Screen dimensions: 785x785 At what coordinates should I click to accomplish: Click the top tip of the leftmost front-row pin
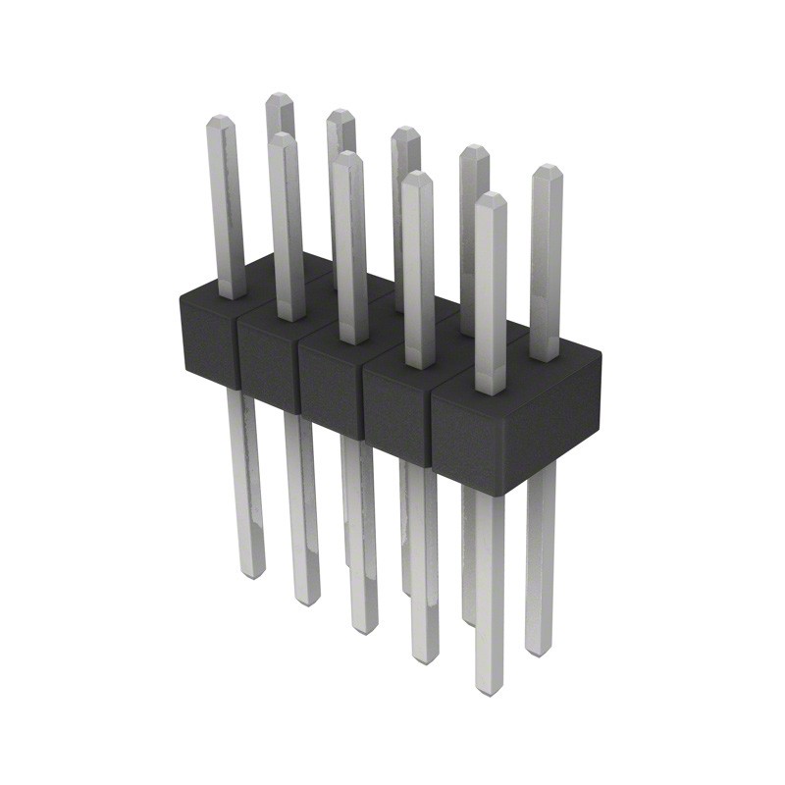[219, 120]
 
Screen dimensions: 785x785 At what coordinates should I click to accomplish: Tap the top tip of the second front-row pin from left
[283, 138]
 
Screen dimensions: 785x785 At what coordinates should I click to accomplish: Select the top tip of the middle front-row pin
[345, 157]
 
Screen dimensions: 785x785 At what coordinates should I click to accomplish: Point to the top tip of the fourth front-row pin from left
[417, 177]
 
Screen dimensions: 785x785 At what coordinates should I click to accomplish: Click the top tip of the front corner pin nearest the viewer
[490, 198]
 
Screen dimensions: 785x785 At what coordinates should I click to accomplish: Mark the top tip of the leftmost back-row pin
[280, 97]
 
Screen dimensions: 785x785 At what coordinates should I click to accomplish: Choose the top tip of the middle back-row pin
[404, 131]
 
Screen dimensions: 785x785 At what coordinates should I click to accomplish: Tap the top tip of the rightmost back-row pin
[546, 170]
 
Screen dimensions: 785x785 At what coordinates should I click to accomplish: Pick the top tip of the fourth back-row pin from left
[474, 149]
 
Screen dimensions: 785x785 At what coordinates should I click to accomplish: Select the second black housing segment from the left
[267, 363]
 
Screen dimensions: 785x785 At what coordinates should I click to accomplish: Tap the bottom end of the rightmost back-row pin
[538, 651]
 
